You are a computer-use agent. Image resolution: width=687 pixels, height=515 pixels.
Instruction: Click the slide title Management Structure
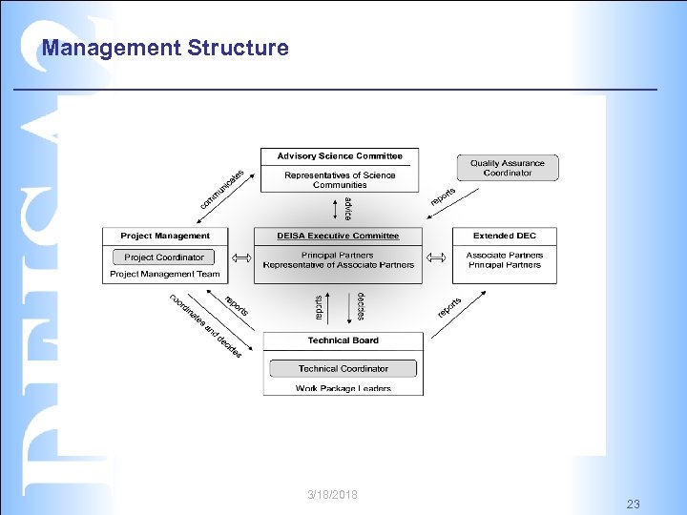(165, 48)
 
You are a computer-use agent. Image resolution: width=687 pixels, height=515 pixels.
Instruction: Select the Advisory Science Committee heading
(340, 156)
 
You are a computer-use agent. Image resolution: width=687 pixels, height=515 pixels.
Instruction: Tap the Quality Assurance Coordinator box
(507, 168)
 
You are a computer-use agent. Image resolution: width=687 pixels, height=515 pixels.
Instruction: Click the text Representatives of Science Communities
(340, 179)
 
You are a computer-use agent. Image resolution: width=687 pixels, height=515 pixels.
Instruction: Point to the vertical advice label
(348, 208)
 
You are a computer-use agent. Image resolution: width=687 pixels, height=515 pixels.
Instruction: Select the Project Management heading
(165, 236)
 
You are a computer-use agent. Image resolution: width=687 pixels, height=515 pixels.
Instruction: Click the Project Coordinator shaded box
(164, 257)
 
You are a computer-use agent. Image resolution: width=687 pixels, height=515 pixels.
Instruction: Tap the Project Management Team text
(164, 274)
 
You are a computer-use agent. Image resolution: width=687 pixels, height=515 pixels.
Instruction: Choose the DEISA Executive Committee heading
(338, 236)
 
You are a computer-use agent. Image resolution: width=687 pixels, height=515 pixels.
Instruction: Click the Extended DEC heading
(504, 236)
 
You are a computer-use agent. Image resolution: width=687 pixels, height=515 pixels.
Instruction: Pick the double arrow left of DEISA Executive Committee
(240, 257)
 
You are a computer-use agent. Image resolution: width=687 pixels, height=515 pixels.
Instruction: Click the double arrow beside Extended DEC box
(436, 257)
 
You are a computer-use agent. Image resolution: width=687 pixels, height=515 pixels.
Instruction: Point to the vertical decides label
(362, 305)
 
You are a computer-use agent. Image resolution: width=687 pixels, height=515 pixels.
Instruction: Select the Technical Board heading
(343, 340)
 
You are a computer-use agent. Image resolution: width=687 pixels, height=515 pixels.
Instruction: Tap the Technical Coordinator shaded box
(343, 368)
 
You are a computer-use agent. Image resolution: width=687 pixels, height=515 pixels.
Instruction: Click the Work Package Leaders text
(343, 388)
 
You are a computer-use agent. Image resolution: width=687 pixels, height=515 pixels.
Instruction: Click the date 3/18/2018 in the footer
(333, 494)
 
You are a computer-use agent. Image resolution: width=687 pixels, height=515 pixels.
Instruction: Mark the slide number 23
(634, 503)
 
